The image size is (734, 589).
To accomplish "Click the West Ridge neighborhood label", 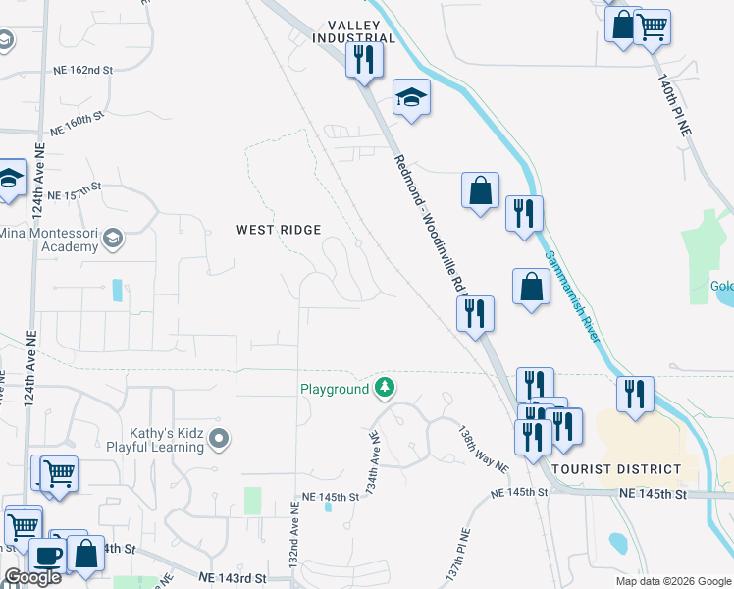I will click(279, 230).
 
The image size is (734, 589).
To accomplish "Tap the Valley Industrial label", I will click(353, 31).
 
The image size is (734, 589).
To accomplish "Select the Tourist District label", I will click(616, 469).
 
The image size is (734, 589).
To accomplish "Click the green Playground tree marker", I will click(386, 388).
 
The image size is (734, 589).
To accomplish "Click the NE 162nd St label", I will click(82, 71).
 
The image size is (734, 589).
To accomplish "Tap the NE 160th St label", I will click(77, 124).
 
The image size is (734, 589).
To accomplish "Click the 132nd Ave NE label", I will click(292, 543).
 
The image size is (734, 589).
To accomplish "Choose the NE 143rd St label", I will click(232, 579).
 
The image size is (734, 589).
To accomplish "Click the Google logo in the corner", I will click(32, 577).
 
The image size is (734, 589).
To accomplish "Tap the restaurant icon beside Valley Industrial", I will click(364, 59).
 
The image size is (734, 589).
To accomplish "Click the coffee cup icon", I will click(47, 556).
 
